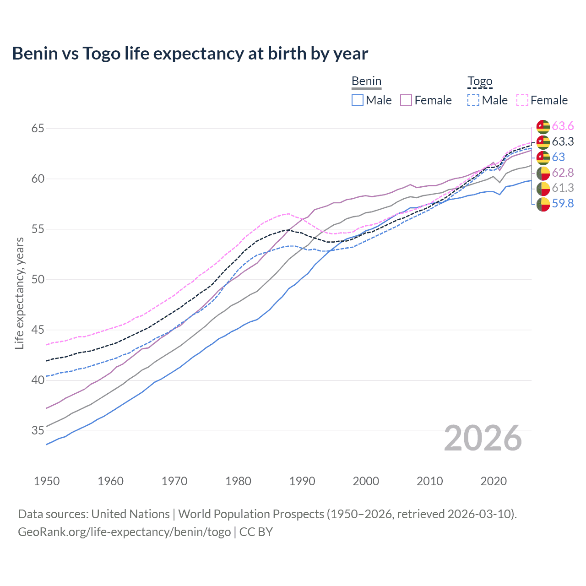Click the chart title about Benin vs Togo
coord(190,54)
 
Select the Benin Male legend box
coord(358,100)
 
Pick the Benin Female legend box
coord(406,100)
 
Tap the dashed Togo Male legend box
coord(473,100)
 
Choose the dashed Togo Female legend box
coord(522,100)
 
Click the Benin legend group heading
coord(366,81)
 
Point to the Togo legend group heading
coord(480,81)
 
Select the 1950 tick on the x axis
coord(47,481)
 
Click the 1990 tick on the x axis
coord(302,481)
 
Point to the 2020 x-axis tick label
coord(494,481)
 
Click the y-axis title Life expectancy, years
coord(19,293)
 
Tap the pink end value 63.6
coord(563,126)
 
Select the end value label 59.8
coord(563,203)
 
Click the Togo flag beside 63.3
coord(543,142)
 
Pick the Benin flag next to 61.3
coord(543,188)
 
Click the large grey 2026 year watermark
coord(483,438)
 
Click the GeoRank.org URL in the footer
coord(124,532)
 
